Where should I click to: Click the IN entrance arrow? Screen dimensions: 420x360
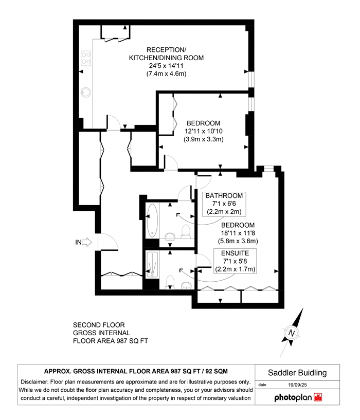point(86,242)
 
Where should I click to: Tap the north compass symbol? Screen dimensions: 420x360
point(292,333)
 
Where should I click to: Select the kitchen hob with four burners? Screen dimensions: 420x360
point(85,59)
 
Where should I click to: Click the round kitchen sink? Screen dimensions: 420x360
point(86,93)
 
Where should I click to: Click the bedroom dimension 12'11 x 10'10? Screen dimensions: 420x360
point(203,131)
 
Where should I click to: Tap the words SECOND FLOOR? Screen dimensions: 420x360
point(99,325)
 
